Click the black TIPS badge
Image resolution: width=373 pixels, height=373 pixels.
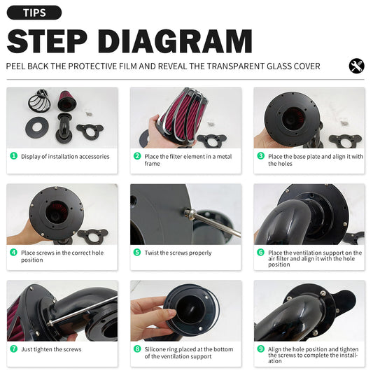[34, 13]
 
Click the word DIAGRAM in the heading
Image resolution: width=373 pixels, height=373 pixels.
[175, 41]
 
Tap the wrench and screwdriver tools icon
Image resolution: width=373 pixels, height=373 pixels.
[356, 66]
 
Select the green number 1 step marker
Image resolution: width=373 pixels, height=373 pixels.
[13, 156]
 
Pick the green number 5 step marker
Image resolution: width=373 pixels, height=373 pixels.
[137, 252]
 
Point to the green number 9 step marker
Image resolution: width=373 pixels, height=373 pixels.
[261, 349]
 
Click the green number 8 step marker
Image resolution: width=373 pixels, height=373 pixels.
[137, 349]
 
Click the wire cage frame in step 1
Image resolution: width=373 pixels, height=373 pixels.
[39, 101]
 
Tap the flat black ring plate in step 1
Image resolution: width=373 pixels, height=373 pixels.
[37, 127]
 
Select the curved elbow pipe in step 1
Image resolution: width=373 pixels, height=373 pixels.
[64, 128]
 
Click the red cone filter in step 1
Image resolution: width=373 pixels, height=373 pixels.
[67, 101]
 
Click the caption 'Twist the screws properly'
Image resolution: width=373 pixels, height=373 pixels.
[178, 253]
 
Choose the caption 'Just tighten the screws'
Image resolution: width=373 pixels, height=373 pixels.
[51, 349]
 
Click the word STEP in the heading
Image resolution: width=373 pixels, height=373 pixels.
[47, 41]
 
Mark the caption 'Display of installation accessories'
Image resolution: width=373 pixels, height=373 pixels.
[65, 157]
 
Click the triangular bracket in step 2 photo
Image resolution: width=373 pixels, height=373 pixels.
[212, 141]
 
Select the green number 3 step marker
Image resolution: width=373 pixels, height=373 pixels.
[261, 156]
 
